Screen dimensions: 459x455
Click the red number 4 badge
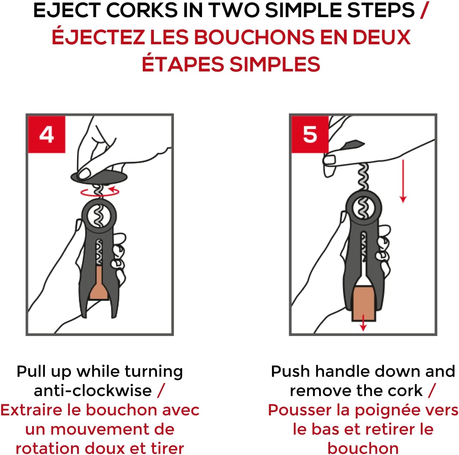coord(47,134)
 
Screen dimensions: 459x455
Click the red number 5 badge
coord(310,134)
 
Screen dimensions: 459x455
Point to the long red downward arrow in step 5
coord(403,181)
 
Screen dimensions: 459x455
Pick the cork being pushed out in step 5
coord(364,304)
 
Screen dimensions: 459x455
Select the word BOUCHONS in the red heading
coord(254,37)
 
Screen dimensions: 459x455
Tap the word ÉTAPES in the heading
coord(182,64)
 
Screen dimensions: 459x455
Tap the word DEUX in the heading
coord(382,37)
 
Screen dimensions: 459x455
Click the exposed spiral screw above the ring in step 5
coord(363,177)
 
